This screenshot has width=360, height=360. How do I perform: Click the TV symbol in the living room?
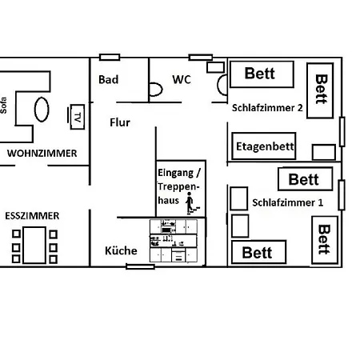(76, 117)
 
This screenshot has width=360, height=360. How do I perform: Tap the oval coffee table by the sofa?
(42, 110)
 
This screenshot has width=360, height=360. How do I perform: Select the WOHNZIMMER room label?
(42, 154)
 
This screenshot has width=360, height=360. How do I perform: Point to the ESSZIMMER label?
(32, 216)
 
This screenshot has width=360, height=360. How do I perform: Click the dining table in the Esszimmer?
(34, 245)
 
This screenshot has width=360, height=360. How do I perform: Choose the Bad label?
(108, 79)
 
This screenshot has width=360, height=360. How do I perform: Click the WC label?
(182, 79)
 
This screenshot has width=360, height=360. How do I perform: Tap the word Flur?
(120, 122)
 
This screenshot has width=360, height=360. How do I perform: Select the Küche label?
(121, 250)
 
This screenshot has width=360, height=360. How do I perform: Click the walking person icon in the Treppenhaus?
(191, 203)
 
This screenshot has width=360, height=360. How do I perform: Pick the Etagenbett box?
(264, 146)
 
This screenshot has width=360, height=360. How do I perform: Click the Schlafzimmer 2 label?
(267, 108)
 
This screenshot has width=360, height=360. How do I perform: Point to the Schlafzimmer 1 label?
(288, 202)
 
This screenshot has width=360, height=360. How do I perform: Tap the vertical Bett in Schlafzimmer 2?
(320, 90)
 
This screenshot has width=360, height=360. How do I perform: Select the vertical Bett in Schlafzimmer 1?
(325, 240)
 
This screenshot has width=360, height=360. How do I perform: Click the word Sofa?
(3, 106)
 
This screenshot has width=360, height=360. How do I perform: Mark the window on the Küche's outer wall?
(140, 266)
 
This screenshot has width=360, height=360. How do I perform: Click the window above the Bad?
(110, 57)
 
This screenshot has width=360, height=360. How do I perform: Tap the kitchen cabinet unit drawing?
(174, 241)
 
